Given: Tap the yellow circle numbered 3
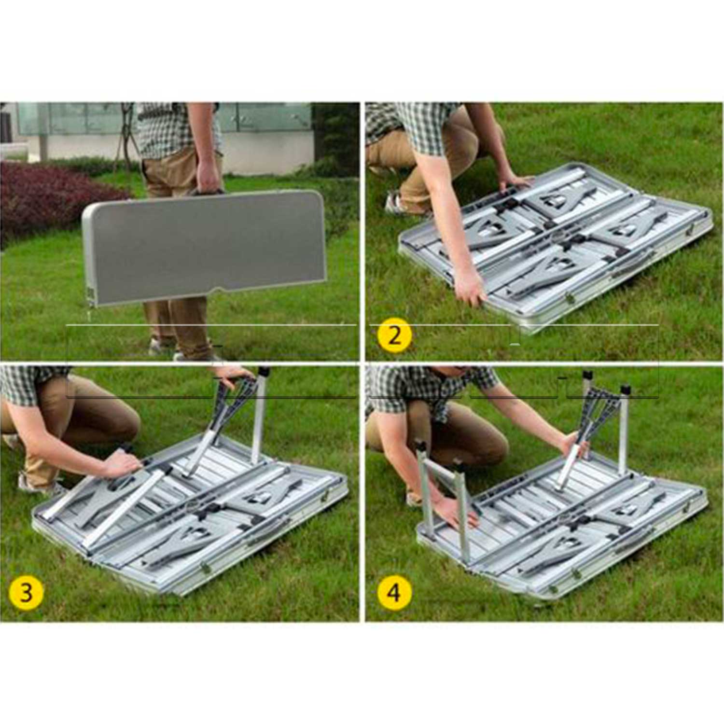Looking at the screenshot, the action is click(x=26, y=592).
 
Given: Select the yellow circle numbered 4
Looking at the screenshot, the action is click(x=394, y=592).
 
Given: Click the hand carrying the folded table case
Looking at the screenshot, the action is click(x=209, y=176).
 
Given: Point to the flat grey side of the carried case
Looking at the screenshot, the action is click(x=205, y=246).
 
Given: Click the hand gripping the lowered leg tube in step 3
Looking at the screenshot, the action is click(x=121, y=463).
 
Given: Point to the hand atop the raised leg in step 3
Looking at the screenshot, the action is click(x=234, y=373).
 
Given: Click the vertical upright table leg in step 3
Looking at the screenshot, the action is click(x=259, y=415).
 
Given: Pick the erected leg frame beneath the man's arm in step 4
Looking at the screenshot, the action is click(x=442, y=497).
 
